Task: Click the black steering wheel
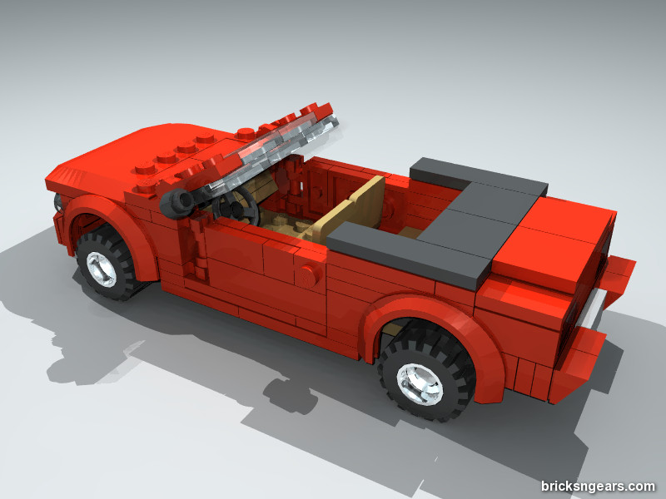236,206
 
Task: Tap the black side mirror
177,203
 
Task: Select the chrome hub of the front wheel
101,269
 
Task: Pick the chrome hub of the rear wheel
420,384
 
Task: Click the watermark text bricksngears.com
598,486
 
